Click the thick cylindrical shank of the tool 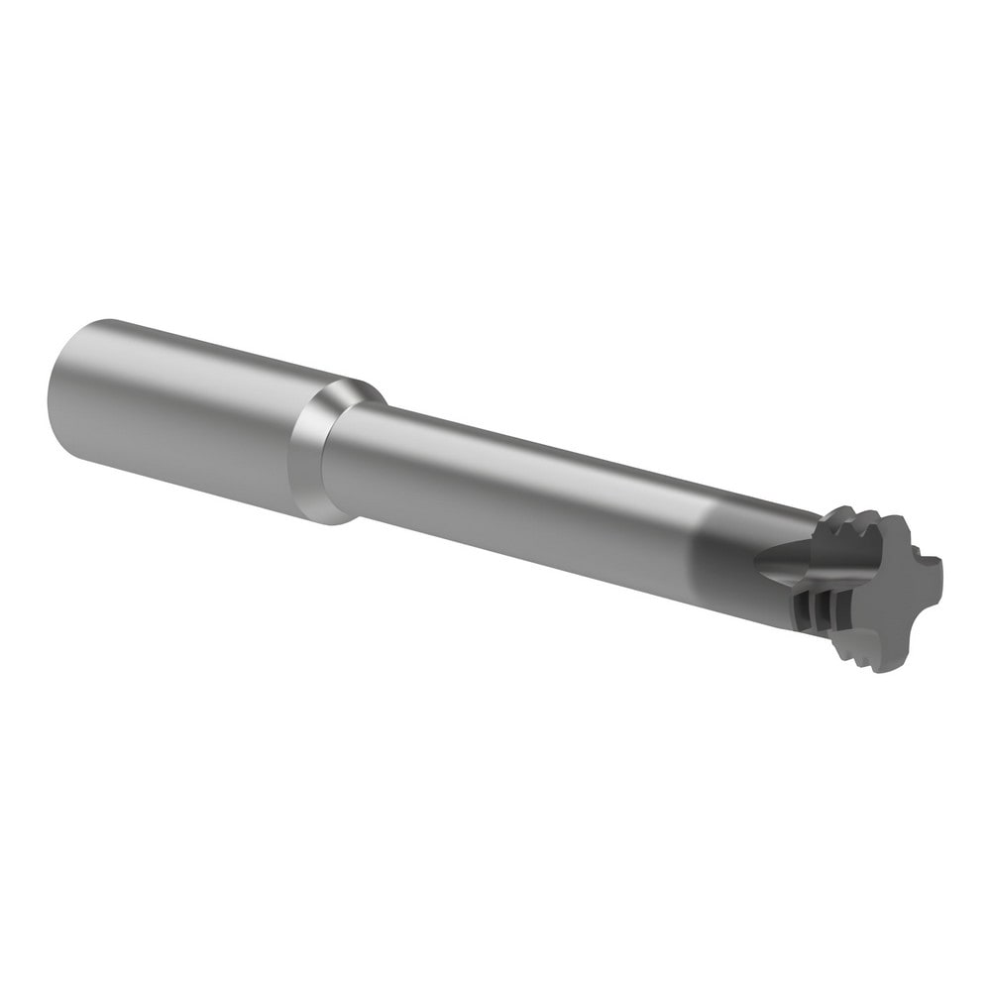(178, 416)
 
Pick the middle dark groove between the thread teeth (824, 611)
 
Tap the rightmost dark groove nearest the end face (843, 609)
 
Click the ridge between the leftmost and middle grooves (813, 610)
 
